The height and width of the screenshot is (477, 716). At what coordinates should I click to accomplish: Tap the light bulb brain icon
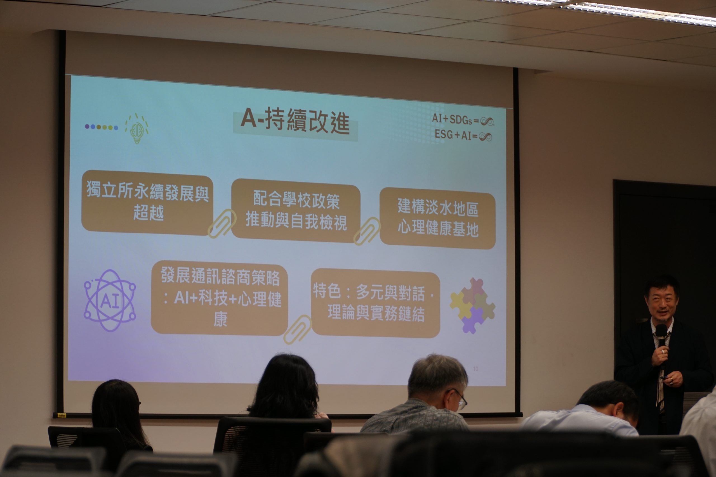pyautogui.click(x=137, y=129)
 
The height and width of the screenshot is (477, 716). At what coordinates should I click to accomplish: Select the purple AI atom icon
pyautogui.click(x=110, y=300)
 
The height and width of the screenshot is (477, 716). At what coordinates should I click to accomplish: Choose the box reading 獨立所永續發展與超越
pyautogui.click(x=147, y=202)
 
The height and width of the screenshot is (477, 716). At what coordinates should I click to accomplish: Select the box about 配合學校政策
pyautogui.click(x=296, y=210)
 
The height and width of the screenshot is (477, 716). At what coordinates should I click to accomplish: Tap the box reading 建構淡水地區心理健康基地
pyautogui.click(x=437, y=218)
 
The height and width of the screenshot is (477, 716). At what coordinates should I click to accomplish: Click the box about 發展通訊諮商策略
pyautogui.click(x=220, y=298)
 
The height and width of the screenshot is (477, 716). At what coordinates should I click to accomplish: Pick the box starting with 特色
pyautogui.click(x=376, y=303)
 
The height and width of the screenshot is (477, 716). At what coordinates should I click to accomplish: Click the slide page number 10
pyautogui.click(x=475, y=369)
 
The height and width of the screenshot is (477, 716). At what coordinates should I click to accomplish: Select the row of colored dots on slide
pyautogui.click(x=101, y=127)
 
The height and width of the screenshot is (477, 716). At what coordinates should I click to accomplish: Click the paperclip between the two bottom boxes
pyautogui.click(x=297, y=329)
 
